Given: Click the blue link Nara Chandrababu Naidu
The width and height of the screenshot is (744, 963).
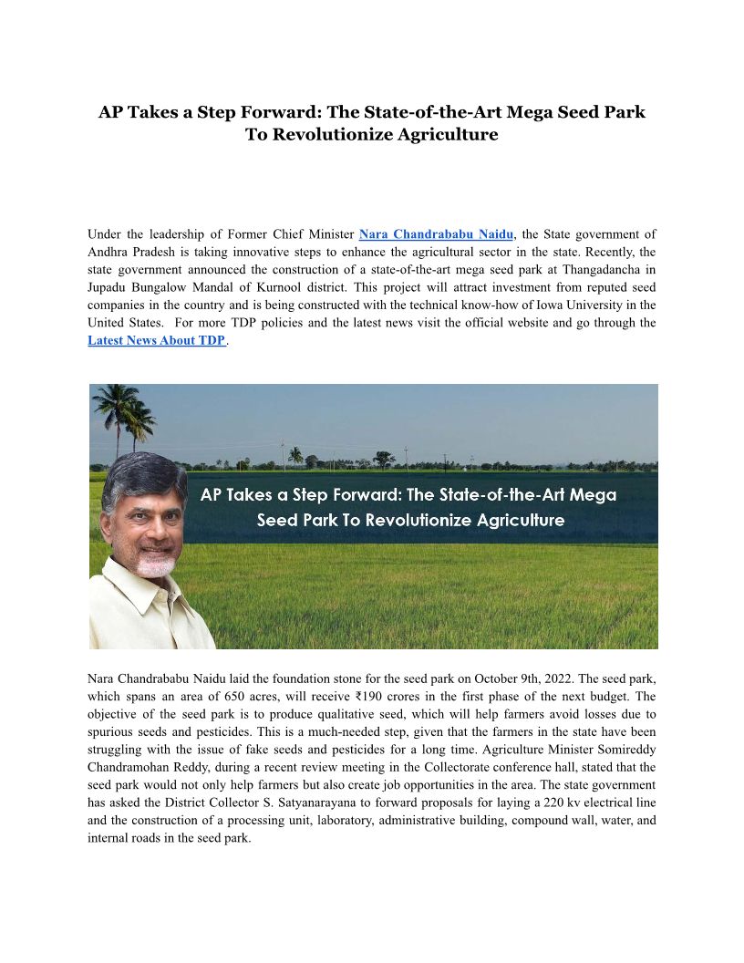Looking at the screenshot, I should pyautogui.click(x=436, y=234).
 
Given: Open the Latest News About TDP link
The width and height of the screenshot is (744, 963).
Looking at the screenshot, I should pyautogui.click(x=156, y=340).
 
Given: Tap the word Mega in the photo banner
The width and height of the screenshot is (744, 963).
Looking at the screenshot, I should pyautogui.click(x=593, y=495).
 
